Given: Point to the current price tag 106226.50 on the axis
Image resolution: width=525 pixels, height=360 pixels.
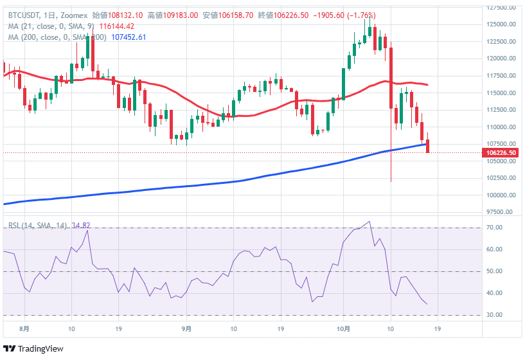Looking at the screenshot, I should pos(502,152).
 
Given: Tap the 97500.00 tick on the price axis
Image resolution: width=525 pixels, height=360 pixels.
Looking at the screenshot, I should pos(501,212).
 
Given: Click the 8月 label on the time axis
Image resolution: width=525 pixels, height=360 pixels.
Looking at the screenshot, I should pos(24,328).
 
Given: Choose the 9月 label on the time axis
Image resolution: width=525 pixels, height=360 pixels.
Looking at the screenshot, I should pos(186,328).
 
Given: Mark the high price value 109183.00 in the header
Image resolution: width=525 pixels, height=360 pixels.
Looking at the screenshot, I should pos(182,15).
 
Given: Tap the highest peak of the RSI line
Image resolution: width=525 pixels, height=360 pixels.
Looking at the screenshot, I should pos(369,222).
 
